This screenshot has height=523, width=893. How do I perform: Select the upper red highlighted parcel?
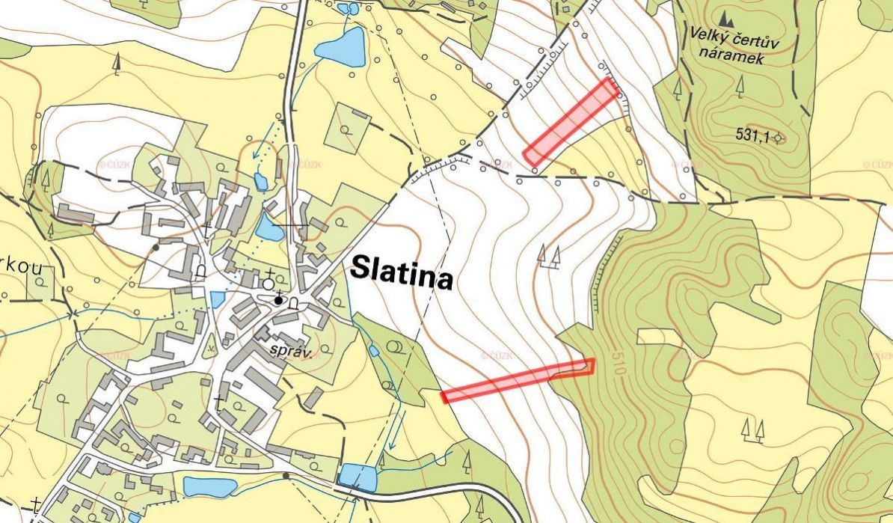(571, 122)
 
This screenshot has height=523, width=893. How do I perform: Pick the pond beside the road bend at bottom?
(357, 477)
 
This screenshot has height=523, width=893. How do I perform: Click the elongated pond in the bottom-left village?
(210, 487)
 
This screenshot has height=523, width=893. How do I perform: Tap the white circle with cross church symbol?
(268, 282)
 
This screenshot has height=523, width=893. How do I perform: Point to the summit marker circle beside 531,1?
(779, 138)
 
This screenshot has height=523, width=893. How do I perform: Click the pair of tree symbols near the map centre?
(549, 256)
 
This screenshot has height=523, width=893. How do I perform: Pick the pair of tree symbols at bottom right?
(752, 429)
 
